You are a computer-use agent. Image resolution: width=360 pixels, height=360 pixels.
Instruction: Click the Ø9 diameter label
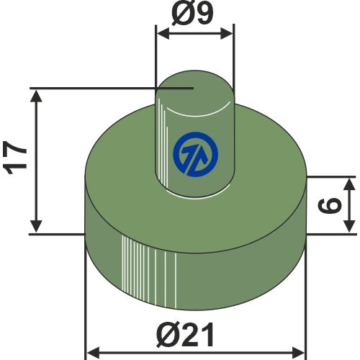tap(192, 14)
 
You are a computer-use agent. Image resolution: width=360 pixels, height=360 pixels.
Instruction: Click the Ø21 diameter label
tap(185, 335)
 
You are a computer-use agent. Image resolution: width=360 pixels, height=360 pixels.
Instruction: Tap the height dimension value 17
tap(15, 157)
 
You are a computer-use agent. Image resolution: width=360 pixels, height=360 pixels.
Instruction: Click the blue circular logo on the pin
tap(196, 155)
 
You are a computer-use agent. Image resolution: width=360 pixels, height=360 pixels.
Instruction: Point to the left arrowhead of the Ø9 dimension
tap(163, 34)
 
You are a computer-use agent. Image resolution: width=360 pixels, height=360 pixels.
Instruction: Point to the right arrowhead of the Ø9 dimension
tap(227, 34)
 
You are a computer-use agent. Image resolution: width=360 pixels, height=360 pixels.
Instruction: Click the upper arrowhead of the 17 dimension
tap(36, 96)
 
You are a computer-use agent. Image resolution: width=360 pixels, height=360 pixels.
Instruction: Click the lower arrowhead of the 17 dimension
tap(36, 226)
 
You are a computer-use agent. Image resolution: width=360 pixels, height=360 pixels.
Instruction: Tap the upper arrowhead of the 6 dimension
tap(350, 184)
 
